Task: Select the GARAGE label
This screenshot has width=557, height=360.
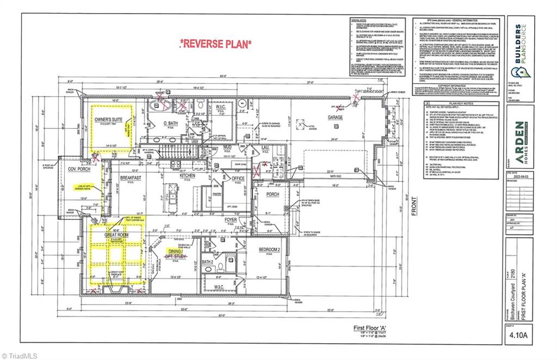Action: [335, 117]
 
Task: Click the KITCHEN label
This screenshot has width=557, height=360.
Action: [187, 176]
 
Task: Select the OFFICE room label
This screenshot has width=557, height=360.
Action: [238, 178]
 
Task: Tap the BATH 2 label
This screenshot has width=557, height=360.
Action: [207, 262]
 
